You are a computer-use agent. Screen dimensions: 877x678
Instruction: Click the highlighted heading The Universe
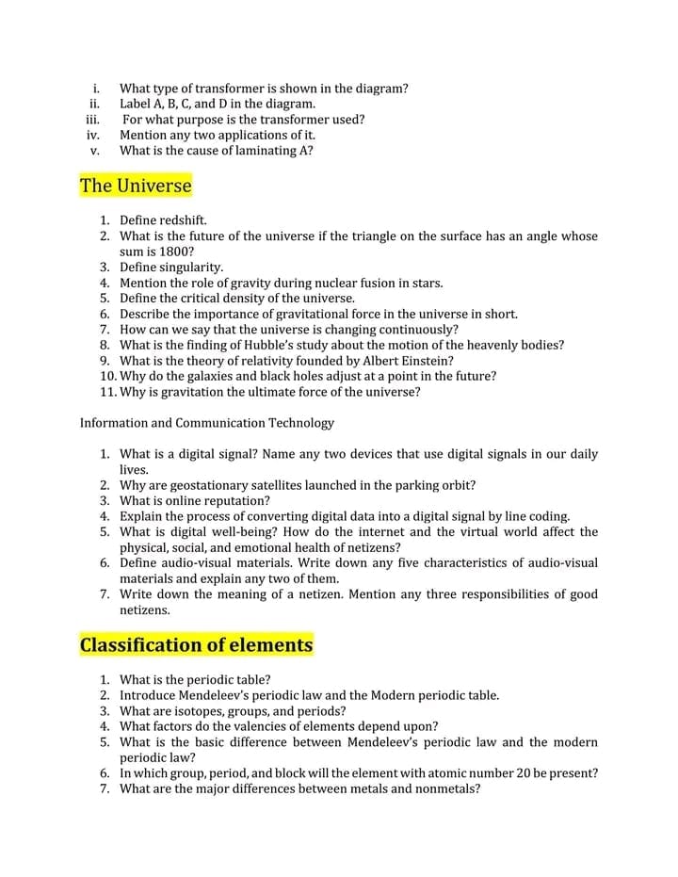(x=136, y=186)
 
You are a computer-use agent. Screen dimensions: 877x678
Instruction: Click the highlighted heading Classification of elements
(x=196, y=645)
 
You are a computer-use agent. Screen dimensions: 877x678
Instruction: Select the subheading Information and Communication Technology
(x=207, y=423)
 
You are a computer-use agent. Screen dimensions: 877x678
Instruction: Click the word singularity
(x=189, y=268)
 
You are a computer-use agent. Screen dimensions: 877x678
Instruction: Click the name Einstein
(x=428, y=361)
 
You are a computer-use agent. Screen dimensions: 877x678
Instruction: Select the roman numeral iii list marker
(x=92, y=120)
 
